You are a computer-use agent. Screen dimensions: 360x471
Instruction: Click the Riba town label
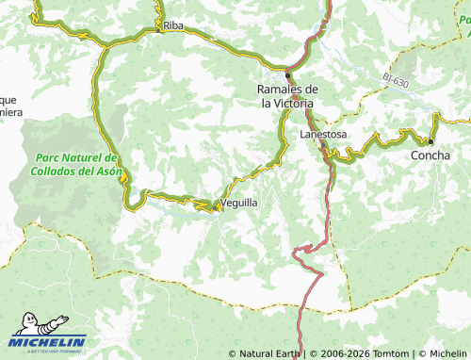(172, 26)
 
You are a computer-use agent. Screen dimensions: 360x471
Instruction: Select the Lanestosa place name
(323, 135)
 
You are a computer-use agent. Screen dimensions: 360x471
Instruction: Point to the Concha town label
(431, 155)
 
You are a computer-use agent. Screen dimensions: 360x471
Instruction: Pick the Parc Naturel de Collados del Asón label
(73, 164)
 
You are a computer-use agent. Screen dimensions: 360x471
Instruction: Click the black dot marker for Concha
(431, 141)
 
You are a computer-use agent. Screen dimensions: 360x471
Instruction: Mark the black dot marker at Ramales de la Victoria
(288, 74)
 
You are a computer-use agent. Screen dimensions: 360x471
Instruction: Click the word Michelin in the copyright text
(447, 353)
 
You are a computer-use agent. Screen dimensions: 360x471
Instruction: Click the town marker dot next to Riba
(158, 28)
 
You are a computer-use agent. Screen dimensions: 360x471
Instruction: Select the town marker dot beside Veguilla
(219, 209)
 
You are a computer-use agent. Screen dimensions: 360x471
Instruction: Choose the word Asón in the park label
(104, 171)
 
